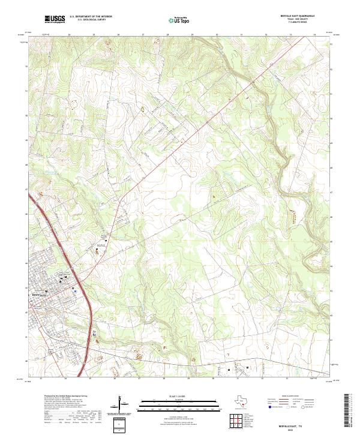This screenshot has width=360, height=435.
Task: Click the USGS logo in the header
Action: (x=55, y=20)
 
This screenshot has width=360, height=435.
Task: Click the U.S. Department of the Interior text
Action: (x=91, y=17)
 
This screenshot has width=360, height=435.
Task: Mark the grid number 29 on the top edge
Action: (x=191, y=35)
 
